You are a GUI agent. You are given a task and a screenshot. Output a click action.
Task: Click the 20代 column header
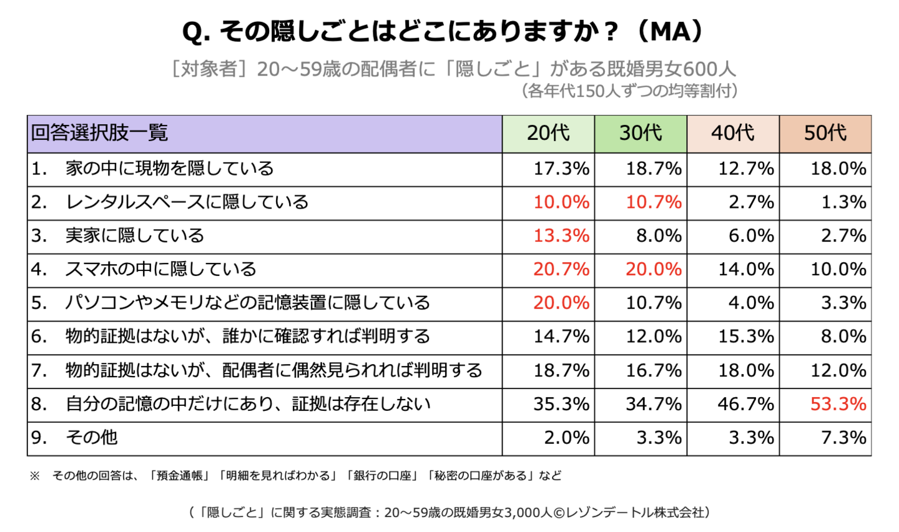pyautogui.click(x=548, y=134)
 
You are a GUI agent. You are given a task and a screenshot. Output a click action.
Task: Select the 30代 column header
pyautogui.click(x=641, y=134)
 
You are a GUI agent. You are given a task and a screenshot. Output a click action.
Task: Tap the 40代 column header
pyautogui.click(x=733, y=134)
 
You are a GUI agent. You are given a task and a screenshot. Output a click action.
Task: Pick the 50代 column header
pyautogui.click(x=825, y=134)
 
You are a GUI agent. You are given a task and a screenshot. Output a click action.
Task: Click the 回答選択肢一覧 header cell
pyautogui.click(x=265, y=134)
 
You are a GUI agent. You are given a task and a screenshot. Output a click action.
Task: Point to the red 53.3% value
pyautogui.click(x=838, y=404)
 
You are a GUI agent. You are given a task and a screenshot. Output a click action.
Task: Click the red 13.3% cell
pyautogui.click(x=561, y=235)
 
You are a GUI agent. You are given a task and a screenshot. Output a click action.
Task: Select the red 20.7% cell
pyautogui.click(x=561, y=269)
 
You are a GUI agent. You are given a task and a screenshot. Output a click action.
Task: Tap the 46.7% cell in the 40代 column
pyautogui.click(x=745, y=404)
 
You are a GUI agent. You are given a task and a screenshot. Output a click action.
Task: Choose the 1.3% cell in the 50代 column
pyautogui.click(x=844, y=202)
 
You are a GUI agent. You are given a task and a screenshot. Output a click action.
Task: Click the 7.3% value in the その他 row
pyautogui.click(x=844, y=438)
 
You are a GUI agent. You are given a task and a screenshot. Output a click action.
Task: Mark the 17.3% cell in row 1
pyautogui.click(x=561, y=169)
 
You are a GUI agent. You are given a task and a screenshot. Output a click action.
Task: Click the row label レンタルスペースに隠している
pyautogui.click(x=187, y=202)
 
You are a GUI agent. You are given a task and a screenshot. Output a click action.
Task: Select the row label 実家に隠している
pyautogui.click(x=135, y=235)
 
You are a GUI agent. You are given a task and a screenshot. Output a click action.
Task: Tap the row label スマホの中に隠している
pyautogui.click(x=160, y=269)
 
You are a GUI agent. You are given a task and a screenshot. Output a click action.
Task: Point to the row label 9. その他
pyautogui.click(x=74, y=438)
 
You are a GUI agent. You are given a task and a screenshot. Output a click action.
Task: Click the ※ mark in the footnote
pyautogui.click(x=34, y=476)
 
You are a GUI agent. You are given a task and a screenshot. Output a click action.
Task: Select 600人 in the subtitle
pyautogui.click(x=709, y=69)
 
